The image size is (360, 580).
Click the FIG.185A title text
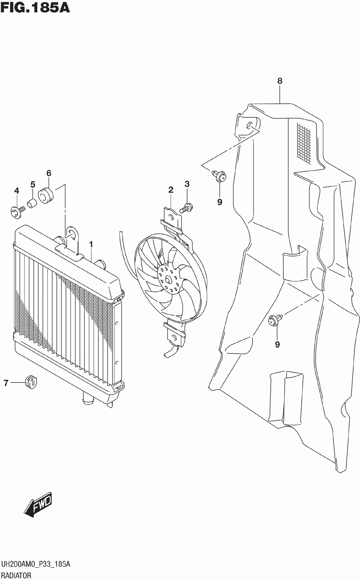[x=35, y=7]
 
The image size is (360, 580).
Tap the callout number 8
[x=280, y=81]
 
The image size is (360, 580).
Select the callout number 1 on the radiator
[x=91, y=244]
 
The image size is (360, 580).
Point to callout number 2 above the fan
[x=171, y=190]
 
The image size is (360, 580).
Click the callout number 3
[x=187, y=184]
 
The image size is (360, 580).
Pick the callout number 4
[x=16, y=191]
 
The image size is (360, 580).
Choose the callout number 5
[x=33, y=184]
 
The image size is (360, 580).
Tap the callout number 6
[x=49, y=173]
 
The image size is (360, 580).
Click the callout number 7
[x=6, y=383]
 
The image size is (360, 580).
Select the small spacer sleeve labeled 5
[x=33, y=203]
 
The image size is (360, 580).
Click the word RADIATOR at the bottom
[x=16, y=575]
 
